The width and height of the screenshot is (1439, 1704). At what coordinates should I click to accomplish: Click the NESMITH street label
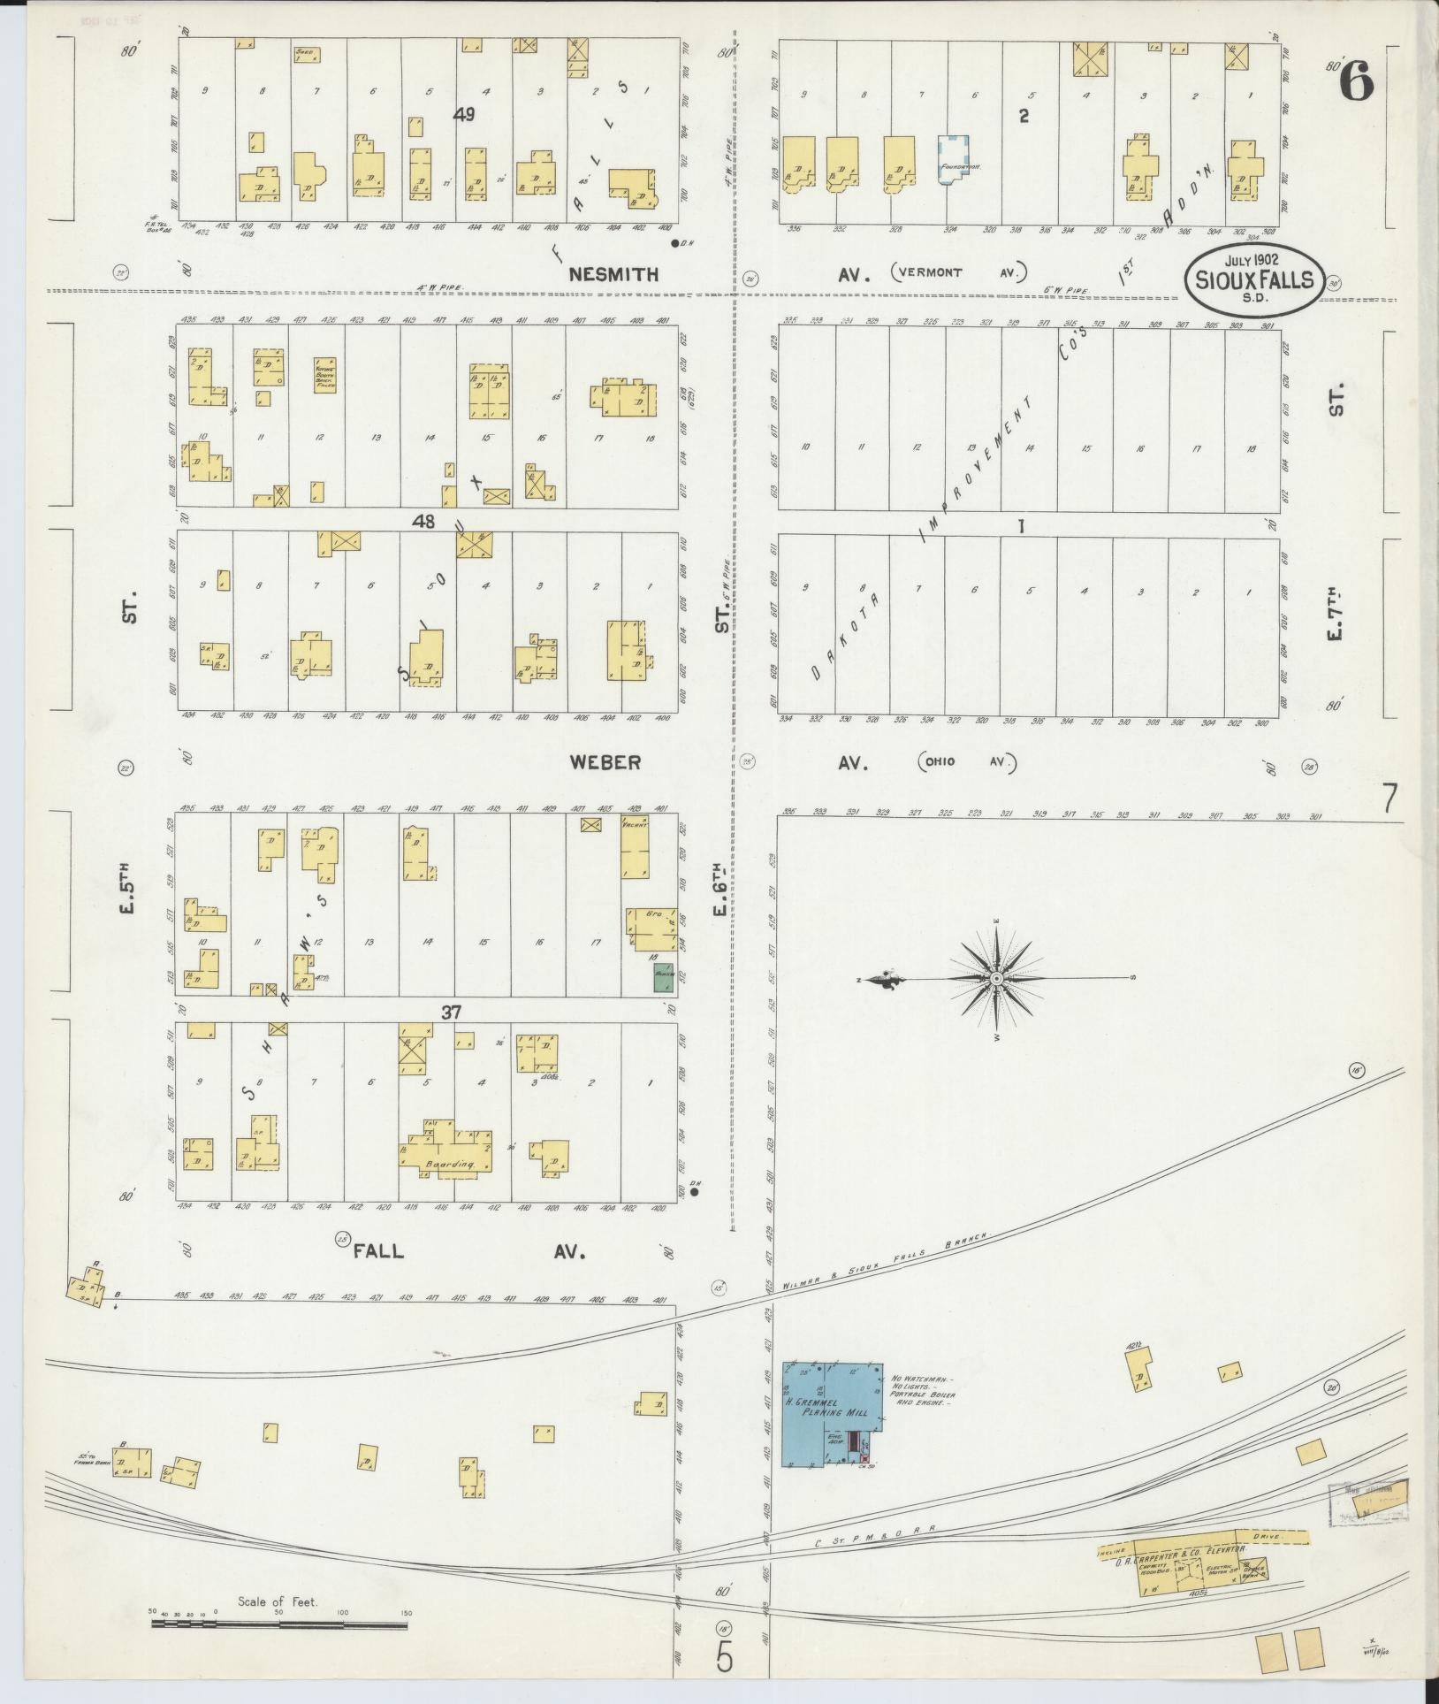613,274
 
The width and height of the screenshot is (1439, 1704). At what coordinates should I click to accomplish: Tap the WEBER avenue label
605,762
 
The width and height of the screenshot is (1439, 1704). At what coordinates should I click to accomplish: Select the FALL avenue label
379,1251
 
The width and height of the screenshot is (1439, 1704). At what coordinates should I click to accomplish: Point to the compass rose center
996,978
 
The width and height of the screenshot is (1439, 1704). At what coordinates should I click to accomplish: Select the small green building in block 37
664,975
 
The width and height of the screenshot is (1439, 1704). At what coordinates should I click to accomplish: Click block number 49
466,113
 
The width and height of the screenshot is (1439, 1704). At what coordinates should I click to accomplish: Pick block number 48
423,522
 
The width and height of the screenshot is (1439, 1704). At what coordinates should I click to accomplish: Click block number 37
451,1012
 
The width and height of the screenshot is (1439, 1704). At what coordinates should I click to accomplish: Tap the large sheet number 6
1356,84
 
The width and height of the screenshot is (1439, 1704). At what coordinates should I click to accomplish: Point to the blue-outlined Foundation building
952,160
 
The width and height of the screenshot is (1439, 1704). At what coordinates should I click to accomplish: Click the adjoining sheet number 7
1390,799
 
